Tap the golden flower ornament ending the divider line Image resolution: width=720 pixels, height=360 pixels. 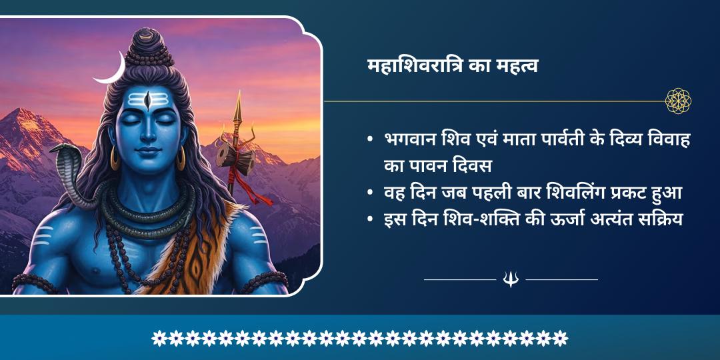[x=678, y=101]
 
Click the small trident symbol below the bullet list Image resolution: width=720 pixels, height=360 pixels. [x=511, y=279]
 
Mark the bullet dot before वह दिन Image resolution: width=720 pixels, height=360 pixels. [x=370, y=193]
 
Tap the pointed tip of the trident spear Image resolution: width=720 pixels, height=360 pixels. [x=237, y=100]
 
